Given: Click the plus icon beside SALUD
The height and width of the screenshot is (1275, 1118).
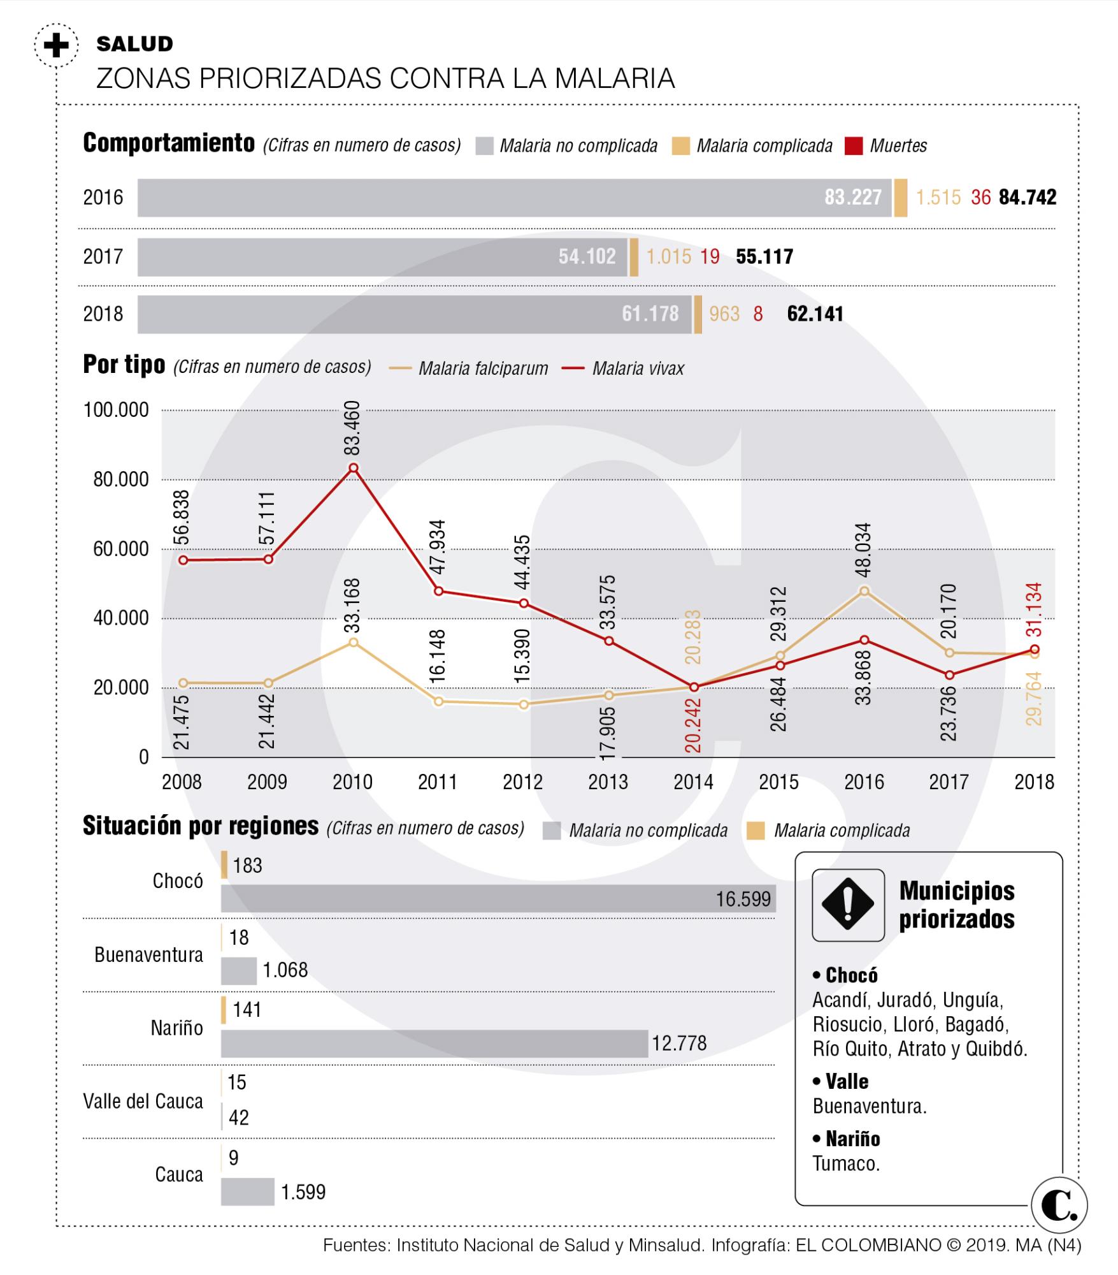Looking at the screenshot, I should tap(56, 45).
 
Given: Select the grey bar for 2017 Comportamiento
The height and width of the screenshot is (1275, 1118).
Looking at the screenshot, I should tap(382, 257).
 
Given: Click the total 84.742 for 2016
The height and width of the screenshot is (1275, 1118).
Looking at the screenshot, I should tap(1027, 198).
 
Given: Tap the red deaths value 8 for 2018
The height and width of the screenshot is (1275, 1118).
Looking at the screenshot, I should tap(757, 314).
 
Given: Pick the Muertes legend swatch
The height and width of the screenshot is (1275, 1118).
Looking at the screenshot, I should tap(853, 146).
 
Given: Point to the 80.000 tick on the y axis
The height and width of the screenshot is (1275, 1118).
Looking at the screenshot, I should tap(121, 479).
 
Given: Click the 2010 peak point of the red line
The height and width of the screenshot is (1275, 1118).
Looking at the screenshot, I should tap(354, 467).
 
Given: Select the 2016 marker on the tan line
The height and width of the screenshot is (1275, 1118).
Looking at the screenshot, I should tap(864, 591).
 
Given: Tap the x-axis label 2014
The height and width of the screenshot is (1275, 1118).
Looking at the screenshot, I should tap(693, 782).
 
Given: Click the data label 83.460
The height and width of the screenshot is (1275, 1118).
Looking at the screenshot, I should tap(352, 427).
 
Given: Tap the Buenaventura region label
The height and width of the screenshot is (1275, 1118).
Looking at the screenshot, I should tap(148, 954).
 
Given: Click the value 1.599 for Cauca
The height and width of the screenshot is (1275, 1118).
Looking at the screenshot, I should tap(303, 1191).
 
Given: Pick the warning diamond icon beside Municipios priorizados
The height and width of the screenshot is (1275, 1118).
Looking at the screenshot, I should tap(848, 905).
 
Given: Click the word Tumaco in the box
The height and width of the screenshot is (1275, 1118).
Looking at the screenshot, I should tap(845, 1163).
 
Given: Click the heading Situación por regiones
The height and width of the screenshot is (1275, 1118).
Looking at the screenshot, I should tap(201, 826).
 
